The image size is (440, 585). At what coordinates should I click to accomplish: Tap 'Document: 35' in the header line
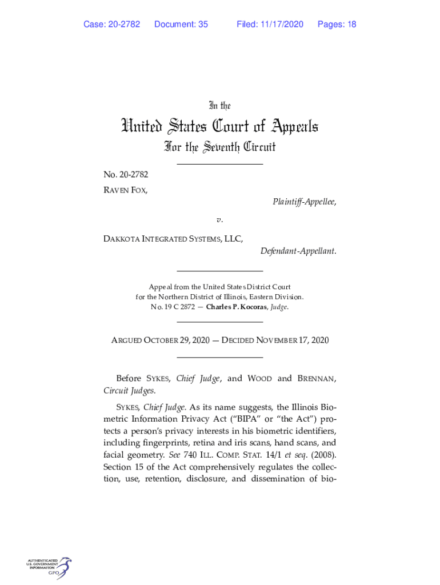tap(181, 24)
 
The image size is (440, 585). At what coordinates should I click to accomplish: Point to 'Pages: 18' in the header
tap(337, 24)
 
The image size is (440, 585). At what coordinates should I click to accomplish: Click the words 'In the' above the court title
tap(219, 106)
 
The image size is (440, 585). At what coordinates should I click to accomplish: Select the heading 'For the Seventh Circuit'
tap(219, 147)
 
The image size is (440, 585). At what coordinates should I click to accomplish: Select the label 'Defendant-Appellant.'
tap(298, 251)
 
